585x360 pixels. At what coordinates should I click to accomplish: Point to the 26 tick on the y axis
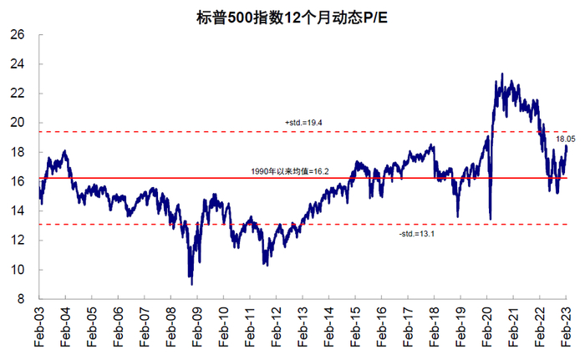(x=18, y=35)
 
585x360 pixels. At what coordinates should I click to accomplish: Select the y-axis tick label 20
(x=18, y=123)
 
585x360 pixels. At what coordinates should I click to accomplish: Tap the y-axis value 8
(x=21, y=299)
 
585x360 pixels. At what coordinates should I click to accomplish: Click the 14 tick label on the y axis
(x=18, y=211)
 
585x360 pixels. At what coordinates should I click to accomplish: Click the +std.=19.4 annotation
(x=303, y=123)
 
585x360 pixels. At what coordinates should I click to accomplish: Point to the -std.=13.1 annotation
(x=418, y=233)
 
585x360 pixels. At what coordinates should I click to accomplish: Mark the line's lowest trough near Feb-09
(x=191, y=284)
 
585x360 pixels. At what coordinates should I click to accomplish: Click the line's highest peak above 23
(x=501, y=74)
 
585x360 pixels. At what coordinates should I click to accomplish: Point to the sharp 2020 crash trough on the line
(x=490, y=219)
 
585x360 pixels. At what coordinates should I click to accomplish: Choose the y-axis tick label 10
(x=18, y=270)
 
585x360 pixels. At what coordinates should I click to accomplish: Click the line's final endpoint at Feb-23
(x=567, y=146)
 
